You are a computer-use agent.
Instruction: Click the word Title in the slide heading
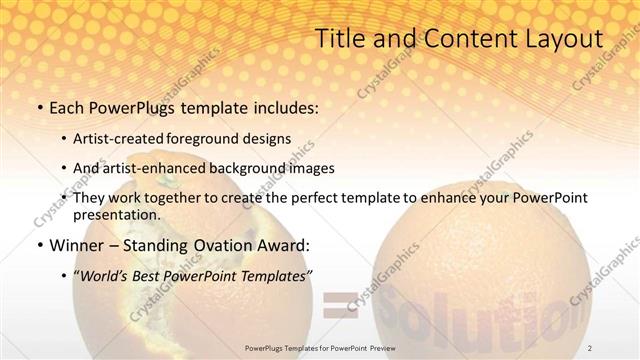340,39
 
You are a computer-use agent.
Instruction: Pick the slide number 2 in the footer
590,347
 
